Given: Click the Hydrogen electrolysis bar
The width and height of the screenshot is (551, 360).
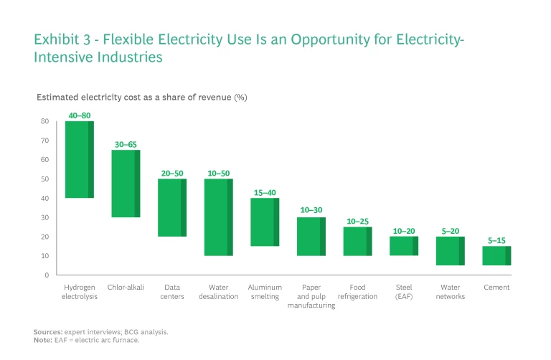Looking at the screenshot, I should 80,159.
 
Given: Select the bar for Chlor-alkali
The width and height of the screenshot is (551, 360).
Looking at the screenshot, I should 126,184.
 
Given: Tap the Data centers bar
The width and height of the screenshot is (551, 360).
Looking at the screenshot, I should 172,207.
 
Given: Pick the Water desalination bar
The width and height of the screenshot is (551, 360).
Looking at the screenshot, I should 219,217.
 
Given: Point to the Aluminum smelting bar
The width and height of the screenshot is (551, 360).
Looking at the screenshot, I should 265,222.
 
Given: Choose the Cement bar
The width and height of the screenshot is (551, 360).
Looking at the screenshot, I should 496,256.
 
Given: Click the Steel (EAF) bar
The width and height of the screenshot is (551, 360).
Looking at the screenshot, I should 404,246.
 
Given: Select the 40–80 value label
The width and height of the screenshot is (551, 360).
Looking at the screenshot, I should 80,115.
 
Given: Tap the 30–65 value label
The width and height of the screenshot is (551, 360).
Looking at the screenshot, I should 126,144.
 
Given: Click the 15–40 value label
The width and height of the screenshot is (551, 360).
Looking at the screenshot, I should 265,192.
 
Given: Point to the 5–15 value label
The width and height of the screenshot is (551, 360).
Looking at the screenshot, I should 496,240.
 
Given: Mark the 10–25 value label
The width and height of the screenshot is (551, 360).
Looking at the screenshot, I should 357,222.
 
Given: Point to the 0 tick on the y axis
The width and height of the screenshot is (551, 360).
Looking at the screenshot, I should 46,275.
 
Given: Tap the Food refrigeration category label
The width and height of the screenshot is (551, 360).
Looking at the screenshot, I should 357,292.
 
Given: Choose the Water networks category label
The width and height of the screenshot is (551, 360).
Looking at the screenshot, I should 450,292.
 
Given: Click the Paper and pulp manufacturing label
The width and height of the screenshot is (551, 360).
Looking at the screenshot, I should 311,296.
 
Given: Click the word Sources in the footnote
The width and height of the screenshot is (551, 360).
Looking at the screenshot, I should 47,332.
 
